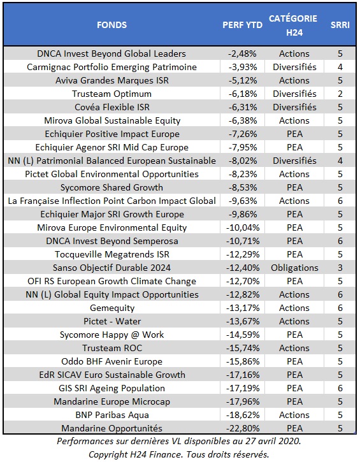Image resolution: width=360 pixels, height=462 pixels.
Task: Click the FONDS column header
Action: pos(112,25)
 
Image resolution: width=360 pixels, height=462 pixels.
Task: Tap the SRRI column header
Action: pos(340,25)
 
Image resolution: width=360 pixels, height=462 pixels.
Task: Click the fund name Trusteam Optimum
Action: pos(112,94)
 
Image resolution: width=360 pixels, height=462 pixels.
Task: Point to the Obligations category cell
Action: pos(294,268)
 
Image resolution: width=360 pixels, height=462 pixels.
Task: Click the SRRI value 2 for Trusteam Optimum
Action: pos(340,94)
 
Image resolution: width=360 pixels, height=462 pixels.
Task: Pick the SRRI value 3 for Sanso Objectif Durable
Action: pos(340,268)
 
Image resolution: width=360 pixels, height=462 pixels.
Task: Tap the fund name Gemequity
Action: pos(112,308)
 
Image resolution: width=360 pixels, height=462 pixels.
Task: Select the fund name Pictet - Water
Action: pos(112,321)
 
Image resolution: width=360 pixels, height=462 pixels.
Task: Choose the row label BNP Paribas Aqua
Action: pos(112,415)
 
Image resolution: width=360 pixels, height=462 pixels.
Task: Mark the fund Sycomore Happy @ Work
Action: pos(112,335)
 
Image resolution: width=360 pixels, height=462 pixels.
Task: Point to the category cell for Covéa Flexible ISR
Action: pos(294,107)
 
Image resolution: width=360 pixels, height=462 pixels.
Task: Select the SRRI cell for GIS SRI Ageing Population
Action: pos(340,388)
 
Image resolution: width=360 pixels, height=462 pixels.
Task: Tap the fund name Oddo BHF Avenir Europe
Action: pos(112,361)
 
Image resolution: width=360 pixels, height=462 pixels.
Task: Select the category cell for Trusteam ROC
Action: pos(294,348)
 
